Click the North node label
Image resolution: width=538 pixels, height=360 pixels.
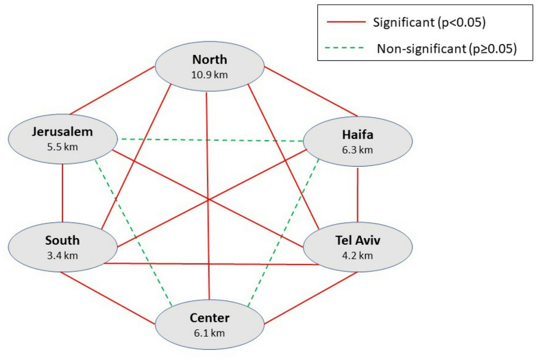tap(209, 59)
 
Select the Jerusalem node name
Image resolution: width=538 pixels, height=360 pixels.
tap(62, 132)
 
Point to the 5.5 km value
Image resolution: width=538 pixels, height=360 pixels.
tap(62, 147)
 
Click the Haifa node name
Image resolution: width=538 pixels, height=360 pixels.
tap(357, 135)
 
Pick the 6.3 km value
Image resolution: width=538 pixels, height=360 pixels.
tap(357, 149)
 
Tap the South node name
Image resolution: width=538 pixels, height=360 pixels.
tap(62, 240)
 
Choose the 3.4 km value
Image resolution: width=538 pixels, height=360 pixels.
tap(62, 255)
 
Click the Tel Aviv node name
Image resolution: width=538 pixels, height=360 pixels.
tap(357, 241)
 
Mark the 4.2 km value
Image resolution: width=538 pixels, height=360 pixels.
tap(357, 256)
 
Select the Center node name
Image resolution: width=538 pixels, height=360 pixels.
tap(209, 318)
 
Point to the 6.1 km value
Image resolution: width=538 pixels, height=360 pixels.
tap(209, 333)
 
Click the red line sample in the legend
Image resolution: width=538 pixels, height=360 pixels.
tap(345, 24)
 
